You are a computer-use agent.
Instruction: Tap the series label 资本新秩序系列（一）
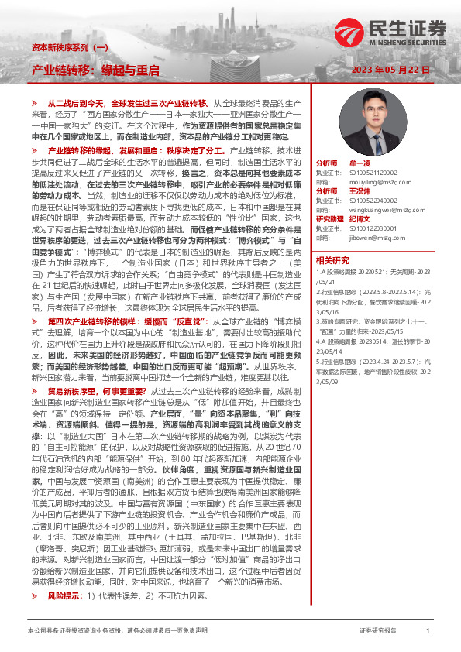[69, 47]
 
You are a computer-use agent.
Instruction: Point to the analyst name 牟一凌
[361, 164]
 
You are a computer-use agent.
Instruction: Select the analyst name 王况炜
[361, 190]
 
